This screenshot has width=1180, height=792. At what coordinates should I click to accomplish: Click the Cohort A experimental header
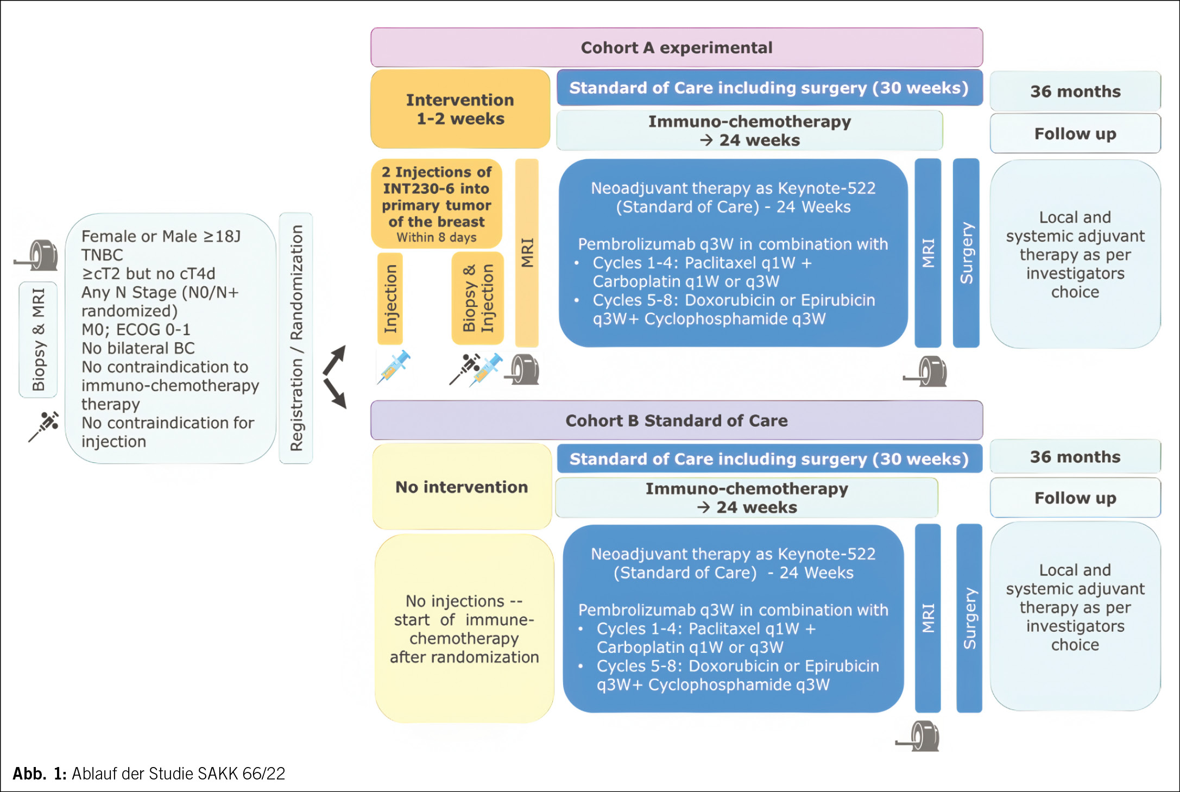point(677,48)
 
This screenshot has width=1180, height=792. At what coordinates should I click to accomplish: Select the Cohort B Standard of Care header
point(677,420)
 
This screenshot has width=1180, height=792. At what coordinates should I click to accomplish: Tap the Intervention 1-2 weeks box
point(460,109)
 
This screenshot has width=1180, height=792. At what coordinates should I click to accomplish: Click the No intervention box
point(462,487)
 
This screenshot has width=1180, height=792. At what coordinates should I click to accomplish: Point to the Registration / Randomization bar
point(296,338)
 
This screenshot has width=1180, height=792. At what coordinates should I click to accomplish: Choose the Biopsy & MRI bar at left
point(38,340)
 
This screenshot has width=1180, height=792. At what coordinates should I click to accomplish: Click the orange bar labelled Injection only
point(390,299)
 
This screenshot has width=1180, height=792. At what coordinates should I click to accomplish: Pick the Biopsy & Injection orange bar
point(478,299)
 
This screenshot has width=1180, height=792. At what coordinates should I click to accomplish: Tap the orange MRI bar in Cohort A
point(527,253)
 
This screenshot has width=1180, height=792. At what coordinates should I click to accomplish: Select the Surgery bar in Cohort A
point(966,253)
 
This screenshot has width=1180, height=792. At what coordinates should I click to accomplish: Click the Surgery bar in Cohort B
point(969,618)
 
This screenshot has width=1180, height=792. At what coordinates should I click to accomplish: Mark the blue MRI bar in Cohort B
point(928,618)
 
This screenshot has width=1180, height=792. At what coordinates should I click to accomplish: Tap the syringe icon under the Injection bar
point(394,367)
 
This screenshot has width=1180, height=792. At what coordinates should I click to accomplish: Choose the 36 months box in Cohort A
point(1075,91)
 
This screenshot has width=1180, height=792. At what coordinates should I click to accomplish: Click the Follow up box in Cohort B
point(1075,498)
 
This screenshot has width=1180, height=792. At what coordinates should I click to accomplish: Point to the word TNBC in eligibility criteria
point(102,255)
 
